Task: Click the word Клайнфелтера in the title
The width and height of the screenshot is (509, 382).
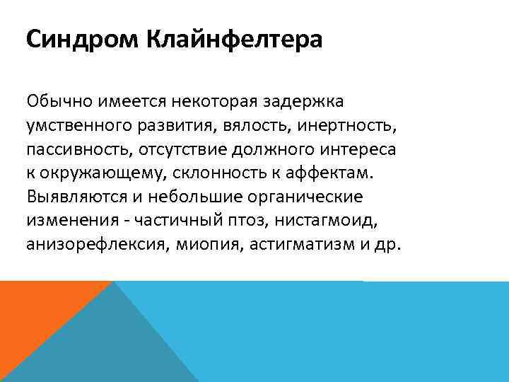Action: coord(234,39)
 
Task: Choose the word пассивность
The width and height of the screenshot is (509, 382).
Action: coord(76,151)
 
